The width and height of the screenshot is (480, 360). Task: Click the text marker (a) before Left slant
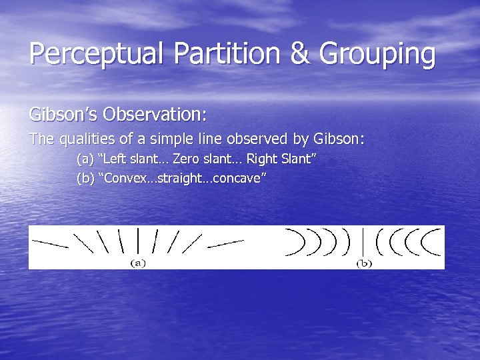tap(85, 160)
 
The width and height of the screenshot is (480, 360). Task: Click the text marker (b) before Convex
tap(85, 179)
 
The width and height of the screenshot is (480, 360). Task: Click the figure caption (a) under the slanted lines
tap(137, 263)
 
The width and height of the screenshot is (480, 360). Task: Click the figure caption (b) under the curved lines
tap(363, 263)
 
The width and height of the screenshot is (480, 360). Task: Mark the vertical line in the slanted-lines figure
tap(137, 240)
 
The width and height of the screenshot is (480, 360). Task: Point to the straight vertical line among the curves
tap(363, 241)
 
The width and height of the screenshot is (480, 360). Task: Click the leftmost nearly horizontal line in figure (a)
tap(50, 244)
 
